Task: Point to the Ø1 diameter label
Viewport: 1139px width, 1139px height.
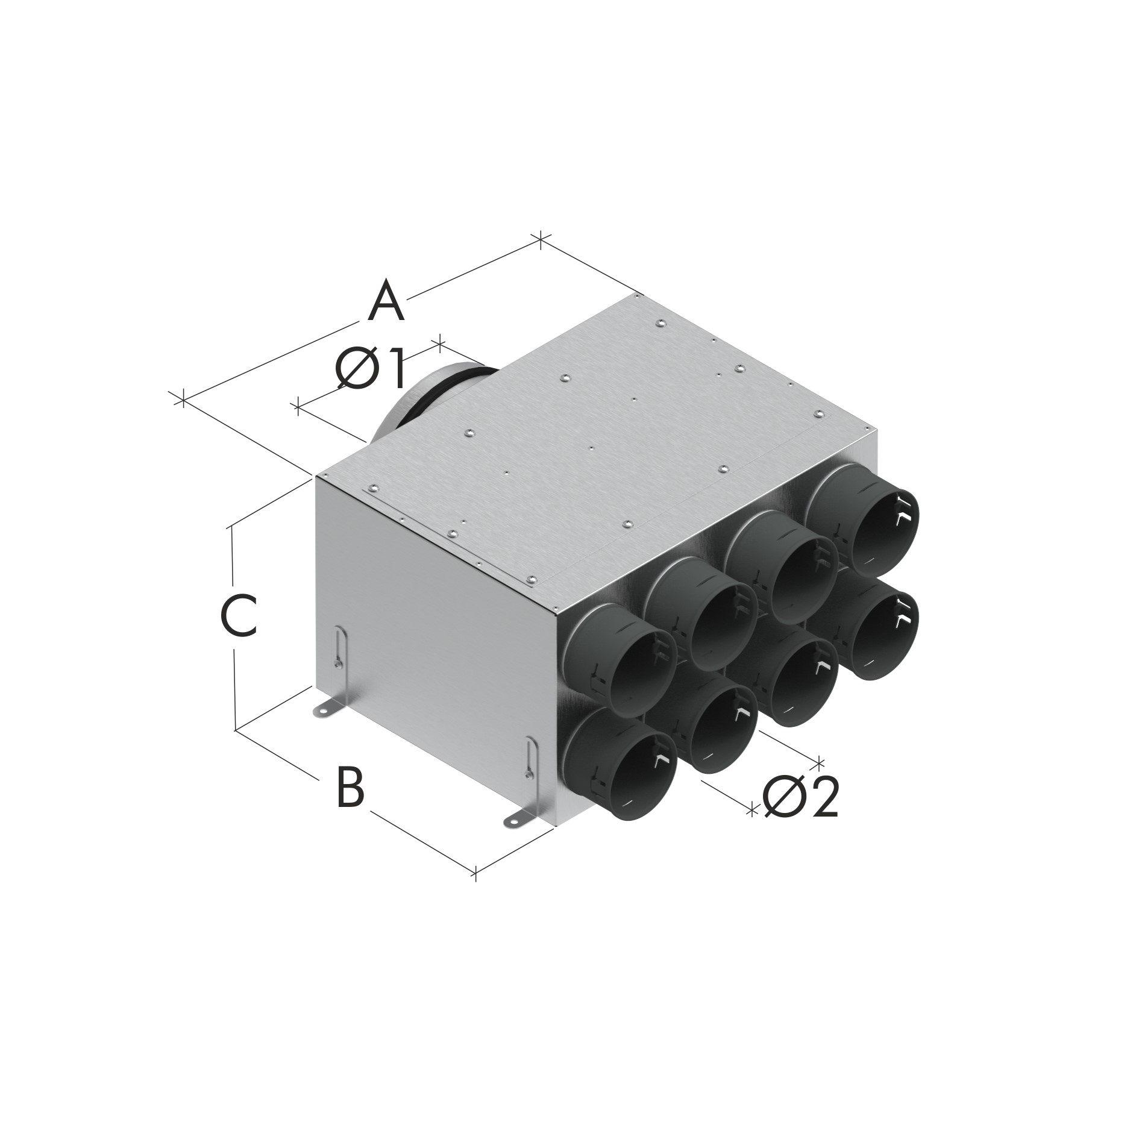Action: (369, 369)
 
